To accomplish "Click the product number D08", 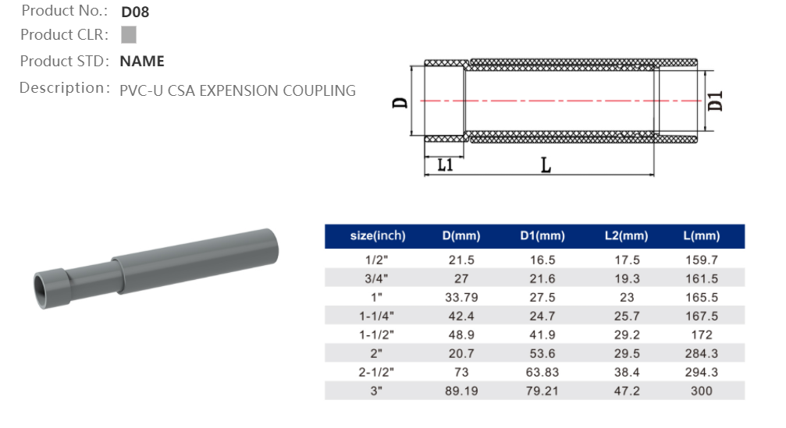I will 135,12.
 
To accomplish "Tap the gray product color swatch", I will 129,34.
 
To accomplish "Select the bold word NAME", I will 142,62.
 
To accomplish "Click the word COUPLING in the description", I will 319,90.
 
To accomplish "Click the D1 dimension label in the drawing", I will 716,101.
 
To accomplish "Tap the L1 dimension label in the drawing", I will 445,165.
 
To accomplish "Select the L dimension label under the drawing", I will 546,165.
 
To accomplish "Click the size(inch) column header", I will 378,236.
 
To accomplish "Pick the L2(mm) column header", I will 626,236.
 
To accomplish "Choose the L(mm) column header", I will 701,236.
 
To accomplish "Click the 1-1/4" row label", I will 378,316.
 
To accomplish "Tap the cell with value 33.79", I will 461,297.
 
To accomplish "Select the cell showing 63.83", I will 542,372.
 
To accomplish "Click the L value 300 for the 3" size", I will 701,391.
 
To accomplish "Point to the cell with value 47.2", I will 626,391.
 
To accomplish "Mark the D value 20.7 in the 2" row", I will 461,353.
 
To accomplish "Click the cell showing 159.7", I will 701,260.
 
